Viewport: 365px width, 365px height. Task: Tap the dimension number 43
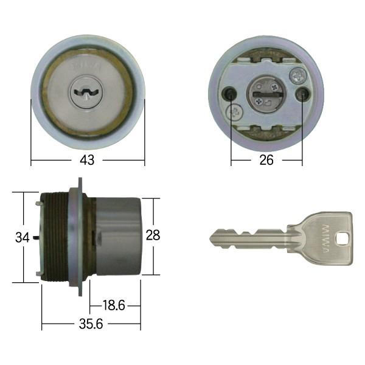coord(88,161)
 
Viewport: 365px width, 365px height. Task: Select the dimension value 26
coord(266,161)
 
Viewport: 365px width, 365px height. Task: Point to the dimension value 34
coord(23,238)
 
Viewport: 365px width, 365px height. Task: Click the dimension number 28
coord(153,235)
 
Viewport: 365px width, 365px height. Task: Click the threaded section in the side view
coord(56,237)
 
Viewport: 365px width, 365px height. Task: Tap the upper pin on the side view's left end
coord(39,204)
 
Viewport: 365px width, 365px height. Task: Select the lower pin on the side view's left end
coord(39,273)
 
